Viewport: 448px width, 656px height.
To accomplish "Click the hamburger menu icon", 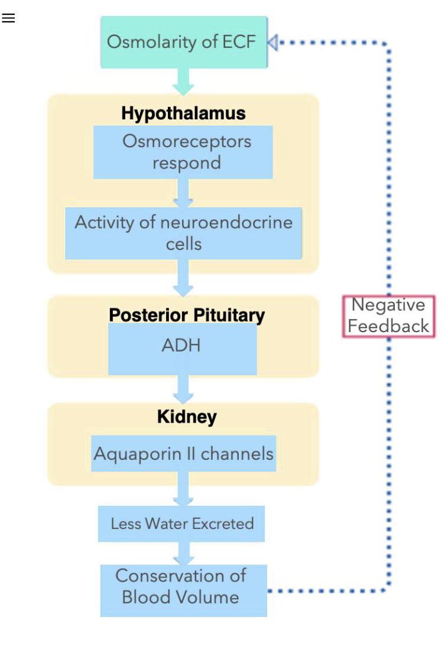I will (x=8, y=18).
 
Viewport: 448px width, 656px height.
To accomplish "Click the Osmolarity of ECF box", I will (x=183, y=43).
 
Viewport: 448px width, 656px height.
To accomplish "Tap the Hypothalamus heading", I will (x=183, y=113).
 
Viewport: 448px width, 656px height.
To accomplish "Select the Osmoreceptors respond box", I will (x=183, y=152).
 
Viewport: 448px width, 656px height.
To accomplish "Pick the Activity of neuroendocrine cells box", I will (x=183, y=233).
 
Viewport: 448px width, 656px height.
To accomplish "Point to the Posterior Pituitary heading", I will (x=187, y=314).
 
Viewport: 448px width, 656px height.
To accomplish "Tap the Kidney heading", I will (x=187, y=417).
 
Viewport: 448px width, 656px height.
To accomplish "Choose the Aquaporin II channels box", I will (x=183, y=454).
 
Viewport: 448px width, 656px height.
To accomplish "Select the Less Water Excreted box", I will (x=181, y=524).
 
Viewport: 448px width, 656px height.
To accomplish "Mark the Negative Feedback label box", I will (x=388, y=316).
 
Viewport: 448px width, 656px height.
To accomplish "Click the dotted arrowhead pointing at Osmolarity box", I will (x=272, y=43).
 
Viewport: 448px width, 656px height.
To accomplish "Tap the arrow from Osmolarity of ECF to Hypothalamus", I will (x=183, y=82).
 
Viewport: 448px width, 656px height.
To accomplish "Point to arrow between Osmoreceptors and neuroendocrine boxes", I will (x=183, y=193).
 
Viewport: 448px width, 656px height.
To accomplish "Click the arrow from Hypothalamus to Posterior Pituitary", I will (x=183, y=279).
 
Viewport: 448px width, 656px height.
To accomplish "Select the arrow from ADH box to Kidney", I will (x=183, y=389).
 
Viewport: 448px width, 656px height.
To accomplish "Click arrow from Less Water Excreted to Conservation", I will (x=183, y=553).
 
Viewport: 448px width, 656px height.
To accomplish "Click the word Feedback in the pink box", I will (x=388, y=326).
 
